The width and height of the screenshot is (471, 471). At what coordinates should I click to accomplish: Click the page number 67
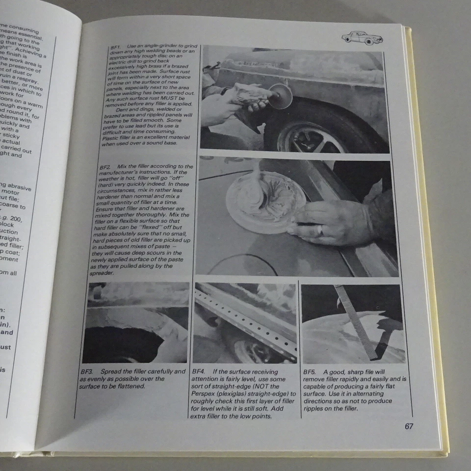(409, 426)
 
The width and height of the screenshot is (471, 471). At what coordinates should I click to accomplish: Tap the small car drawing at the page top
(363, 37)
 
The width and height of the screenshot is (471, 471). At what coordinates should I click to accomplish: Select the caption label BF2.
(105, 167)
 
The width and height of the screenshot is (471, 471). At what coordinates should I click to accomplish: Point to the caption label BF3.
(87, 371)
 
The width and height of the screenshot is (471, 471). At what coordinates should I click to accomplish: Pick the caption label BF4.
(198, 372)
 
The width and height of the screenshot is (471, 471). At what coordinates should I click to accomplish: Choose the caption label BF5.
(310, 372)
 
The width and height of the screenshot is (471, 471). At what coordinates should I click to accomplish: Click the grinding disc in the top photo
(280, 96)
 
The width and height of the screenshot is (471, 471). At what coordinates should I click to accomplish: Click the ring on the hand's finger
(319, 230)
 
